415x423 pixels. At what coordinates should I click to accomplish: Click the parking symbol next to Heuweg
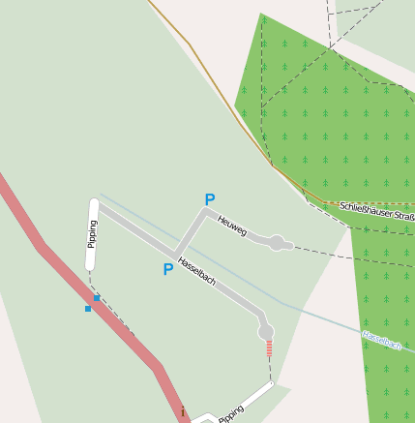tap(209, 200)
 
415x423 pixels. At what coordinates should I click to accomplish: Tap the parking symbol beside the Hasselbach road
tap(168, 269)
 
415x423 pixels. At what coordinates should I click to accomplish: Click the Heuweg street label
tap(232, 226)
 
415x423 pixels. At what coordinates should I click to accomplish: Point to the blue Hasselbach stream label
tap(381, 340)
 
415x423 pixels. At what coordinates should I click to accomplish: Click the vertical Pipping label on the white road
tap(93, 234)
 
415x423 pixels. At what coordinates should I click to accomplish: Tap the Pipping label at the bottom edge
tap(231, 414)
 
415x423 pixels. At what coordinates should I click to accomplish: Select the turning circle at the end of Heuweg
tap(278, 242)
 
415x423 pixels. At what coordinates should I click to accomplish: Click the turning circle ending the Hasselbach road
tap(266, 332)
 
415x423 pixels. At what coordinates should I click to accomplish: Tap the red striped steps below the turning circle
tap(269, 348)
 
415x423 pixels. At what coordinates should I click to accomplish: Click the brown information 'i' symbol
tap(182, 412)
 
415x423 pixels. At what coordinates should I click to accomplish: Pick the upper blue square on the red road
tap(97, 299)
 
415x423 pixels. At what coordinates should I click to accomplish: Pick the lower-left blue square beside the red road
tap(88, 309)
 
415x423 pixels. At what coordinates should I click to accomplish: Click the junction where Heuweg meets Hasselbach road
tap(175, 255)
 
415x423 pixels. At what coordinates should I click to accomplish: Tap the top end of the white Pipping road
tap(94, 204)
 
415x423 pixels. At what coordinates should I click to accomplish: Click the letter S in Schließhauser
tap(343, 206)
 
